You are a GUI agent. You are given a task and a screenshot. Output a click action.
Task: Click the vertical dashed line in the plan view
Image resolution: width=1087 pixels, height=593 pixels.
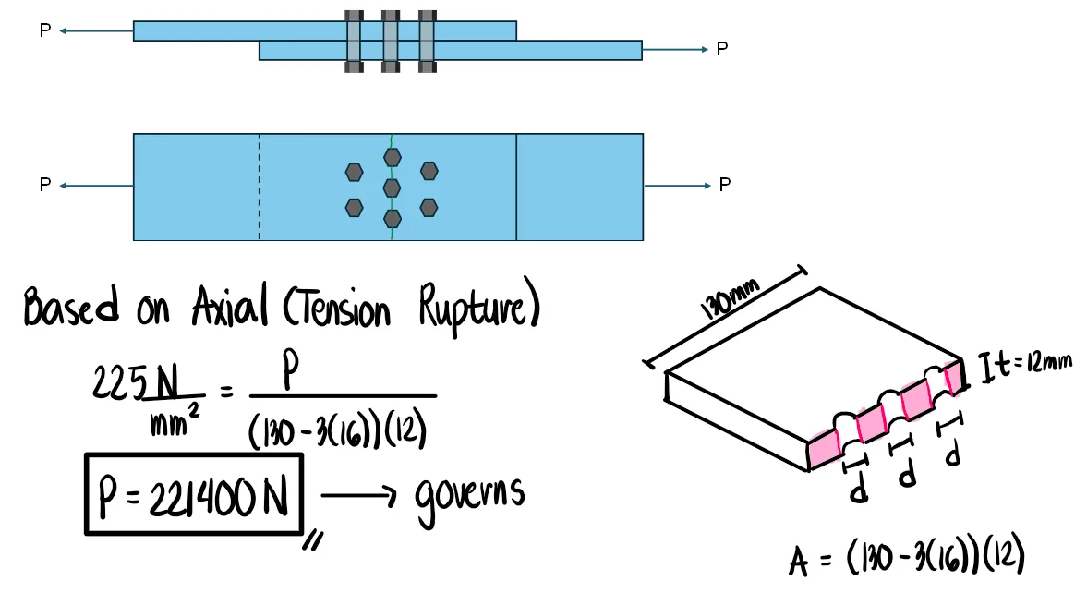pyautogui.click(x=260, y=188)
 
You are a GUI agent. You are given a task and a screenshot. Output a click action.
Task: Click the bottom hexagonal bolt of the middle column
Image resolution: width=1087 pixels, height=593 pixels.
pyautogui.click(x=392, y=219)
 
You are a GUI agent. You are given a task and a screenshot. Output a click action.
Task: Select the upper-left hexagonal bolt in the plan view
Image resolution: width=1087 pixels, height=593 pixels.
pyautogui.click(x=354, y=172)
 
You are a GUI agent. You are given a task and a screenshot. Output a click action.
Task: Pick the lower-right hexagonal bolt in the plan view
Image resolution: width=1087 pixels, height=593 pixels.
pyautogui.click(x=429, y=207)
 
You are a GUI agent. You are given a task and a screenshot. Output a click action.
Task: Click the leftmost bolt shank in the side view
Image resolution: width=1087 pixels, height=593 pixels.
pyautogui.click(x=354, y=42)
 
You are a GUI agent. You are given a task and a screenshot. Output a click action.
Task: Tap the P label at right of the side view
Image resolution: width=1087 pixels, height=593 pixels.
pyautogui.click(x=722, y=49)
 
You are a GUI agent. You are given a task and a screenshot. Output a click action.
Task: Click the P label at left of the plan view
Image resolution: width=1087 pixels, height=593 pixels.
pyautogui.click(x=45, y=186)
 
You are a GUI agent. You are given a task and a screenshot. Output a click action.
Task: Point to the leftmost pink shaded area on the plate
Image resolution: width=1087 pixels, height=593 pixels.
pyautogui.click(x=824, y=450)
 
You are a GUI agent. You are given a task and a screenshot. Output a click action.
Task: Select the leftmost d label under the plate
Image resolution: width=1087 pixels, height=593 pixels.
pyautogui.click(x=859, y=492)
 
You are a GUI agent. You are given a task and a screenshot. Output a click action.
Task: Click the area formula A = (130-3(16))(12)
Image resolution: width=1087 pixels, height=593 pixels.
pyautogui.click(x=908, y=558)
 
